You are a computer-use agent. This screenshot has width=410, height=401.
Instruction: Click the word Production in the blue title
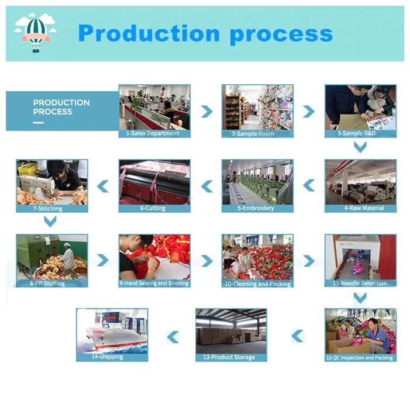click(149, 34)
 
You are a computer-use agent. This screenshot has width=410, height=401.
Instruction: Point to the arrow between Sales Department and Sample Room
click(206, 111)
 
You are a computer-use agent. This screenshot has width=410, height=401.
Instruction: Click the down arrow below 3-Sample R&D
click(360, 148)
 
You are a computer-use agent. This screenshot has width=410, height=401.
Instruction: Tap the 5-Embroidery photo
click(257, 182)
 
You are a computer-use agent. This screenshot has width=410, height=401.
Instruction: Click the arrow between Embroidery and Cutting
click(206, 186)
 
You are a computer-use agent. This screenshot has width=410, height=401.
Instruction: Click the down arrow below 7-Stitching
click(51, 222)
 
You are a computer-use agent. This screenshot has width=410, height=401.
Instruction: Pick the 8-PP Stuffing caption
click(51, 284)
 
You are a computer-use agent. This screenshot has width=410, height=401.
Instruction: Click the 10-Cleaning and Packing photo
click(257, 257)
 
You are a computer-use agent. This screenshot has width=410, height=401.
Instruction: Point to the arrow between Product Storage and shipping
click(173, 337)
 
